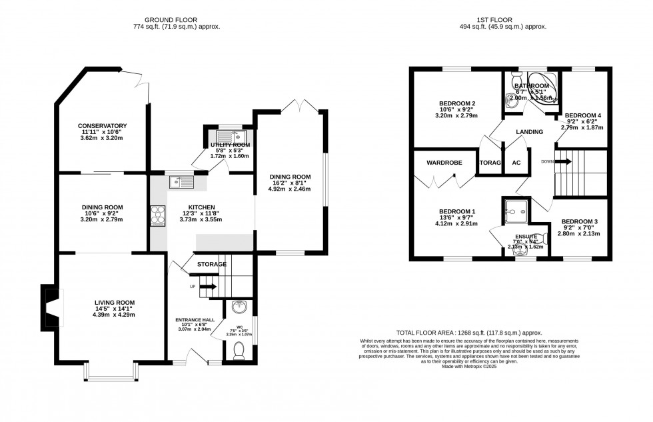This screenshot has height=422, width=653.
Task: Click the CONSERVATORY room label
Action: point(102,126)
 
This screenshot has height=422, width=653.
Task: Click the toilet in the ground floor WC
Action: point(239,350)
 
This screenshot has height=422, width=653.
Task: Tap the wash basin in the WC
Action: point(239,308)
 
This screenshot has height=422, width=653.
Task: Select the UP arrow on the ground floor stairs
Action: point(209,286)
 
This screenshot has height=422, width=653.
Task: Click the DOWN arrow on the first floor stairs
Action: point(562,161)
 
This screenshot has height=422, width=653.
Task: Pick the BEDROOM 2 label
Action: point(457,103)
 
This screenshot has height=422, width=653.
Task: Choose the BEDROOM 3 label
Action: point(579,221)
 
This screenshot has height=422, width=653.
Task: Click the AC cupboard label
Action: point(516,163)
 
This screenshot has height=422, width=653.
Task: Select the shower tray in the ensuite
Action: point(515,212)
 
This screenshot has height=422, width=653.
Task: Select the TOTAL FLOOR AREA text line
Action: point(468,333)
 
